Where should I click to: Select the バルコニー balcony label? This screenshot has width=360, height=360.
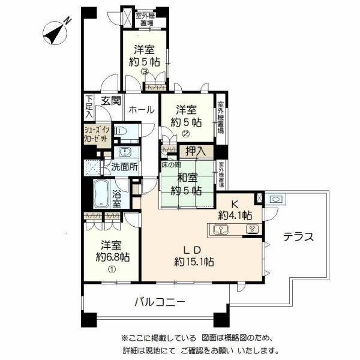[159, 301]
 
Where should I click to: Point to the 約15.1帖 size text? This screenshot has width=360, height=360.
[195, 261]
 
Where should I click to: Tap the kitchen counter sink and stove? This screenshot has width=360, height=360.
[235, 229]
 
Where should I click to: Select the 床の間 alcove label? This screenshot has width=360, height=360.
[171, 164]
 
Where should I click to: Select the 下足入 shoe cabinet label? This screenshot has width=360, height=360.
[89, 106]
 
